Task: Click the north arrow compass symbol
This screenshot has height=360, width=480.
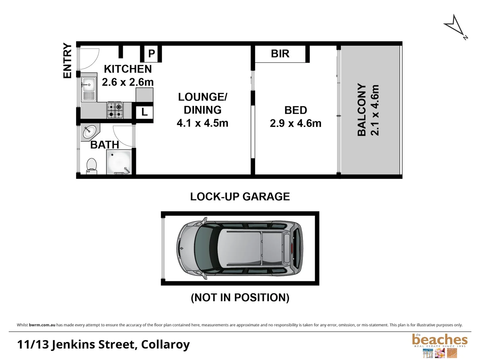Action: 455,26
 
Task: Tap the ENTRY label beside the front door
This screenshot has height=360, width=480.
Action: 68,61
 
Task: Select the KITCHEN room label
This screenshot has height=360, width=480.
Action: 128,69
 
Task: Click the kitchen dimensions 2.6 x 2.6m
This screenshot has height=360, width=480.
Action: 128,82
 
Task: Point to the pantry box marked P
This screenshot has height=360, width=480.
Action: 151,54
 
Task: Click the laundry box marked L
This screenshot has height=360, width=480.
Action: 144,112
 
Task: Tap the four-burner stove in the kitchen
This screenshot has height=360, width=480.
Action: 115,110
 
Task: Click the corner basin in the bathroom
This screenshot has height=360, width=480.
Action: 89,132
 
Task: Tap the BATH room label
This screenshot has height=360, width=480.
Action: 104,145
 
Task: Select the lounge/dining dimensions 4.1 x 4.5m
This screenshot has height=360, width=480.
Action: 202,123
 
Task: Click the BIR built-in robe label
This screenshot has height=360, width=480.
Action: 280,54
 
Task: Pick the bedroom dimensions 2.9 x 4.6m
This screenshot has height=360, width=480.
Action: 296,123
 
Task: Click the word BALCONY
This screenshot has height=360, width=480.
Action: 362,110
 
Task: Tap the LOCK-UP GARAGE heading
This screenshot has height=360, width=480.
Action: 240,197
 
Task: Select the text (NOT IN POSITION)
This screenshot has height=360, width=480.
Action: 240,297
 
